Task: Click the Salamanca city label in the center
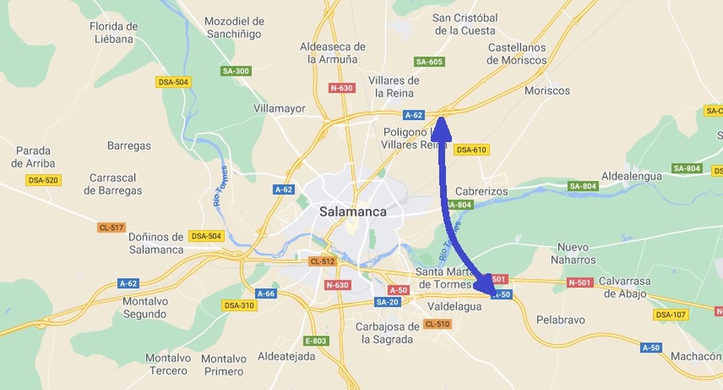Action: (353, 212)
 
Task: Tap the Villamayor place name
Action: (279, 109)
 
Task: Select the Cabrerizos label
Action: (481, 191)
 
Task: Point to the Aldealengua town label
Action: (631, 176)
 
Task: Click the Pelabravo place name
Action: (560, 320)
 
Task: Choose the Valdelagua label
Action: (454, 307)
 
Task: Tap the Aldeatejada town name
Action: (286, 357)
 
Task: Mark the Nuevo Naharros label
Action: (573, 253)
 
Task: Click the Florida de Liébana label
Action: (113, 33)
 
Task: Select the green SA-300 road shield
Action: (236, 71)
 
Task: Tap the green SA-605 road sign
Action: (429, 62)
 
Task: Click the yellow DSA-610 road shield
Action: (471, 150)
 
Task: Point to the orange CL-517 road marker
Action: (111, 228)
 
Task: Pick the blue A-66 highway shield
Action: (266, 294)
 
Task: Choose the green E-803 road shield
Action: (316, 341)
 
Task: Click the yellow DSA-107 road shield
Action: (671, 314)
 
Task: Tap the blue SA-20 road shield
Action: (387, 302)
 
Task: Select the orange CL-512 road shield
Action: (322, 262)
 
